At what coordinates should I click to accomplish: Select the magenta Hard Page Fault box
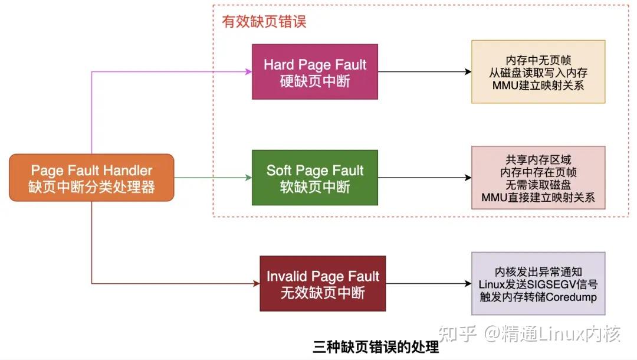(315, 72)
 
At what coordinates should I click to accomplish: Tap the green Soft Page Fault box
(315, 178)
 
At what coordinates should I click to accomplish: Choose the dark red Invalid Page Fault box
(323, 283)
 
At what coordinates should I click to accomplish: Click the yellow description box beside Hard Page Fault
(539, 72)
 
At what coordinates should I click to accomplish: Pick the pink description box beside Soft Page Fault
(539, 178)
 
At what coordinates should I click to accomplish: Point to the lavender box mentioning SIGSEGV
(539, 283)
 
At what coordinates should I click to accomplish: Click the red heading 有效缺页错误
(264, 22)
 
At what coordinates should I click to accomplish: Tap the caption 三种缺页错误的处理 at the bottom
(376, 346)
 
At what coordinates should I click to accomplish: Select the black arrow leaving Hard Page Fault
(425, 72)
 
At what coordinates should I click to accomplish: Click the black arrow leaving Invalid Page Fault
(429, 283)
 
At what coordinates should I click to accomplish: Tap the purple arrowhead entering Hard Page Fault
(248, 72)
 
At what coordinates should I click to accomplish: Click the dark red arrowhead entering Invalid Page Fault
(256, 283)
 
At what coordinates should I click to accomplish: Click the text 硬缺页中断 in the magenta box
(315, 81)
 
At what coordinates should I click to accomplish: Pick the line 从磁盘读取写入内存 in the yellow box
(539, 72)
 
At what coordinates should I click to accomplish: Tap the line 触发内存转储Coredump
(539, 297)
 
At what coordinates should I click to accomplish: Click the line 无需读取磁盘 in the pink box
(539, 185)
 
